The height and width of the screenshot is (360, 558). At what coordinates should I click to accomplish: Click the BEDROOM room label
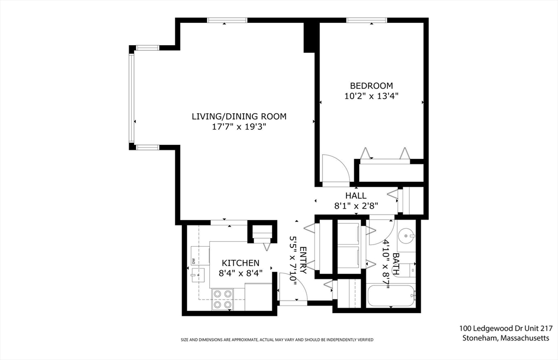pyautogui.click(x=372, y=86)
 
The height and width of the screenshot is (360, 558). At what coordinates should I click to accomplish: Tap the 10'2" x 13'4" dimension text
pyautogui.click(x=371, y=96)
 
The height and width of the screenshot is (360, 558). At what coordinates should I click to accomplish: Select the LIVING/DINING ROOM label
pyautogui.click(x=239, y=117)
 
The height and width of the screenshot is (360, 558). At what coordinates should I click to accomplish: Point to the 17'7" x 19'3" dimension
pyautogui.click(x=239, y=127)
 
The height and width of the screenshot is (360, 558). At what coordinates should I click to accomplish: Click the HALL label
pyautogui.click(x=356, y=196)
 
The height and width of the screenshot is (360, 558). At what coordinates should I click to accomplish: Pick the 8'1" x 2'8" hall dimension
pyautogui.click(x=356, y=206)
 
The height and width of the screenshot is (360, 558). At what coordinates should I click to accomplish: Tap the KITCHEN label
pyautogui.click(x=240, y=263)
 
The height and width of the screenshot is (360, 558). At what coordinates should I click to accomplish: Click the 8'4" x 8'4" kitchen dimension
pyautogui.click(x=240, y=273)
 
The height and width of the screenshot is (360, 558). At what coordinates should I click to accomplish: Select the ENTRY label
pyautogui.click(x=303, y=260)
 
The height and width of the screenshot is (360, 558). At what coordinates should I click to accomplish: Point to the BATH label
pyautogui.click(x=396, y=264)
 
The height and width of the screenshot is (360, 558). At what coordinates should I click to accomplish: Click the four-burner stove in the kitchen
pyautogui.click(x=222, y=299)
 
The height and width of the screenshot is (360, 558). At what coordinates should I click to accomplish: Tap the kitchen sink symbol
pyautogui.click(x=197, y=276)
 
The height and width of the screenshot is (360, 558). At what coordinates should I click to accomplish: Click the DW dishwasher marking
pyautogui.click(x=193, y=261)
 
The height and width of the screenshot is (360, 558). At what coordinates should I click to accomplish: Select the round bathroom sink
pyautogui.click(x=406, y=236)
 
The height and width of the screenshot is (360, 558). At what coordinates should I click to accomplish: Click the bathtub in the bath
pyautogui.click(x=391, y=296)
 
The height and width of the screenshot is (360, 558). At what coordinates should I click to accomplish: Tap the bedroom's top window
pyautogui.click(x=367, y=20)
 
